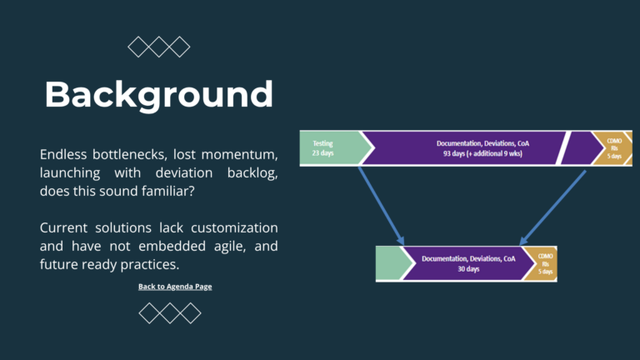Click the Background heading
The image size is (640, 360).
pyautogui.click(x=158, y=94)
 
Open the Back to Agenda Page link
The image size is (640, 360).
pyautogui.click(x=175, y=287)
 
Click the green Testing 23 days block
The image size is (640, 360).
pyautogui.click(x=330, y=148)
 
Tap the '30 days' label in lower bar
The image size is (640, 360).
pyautogui.click(x=467, y=269)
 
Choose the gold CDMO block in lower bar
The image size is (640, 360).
pyautogui.click(x=543, y=263)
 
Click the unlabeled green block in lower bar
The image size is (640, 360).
pyautogui.click(x=390, y=263)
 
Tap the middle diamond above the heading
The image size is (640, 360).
pyautogui.click(x=158, y=47)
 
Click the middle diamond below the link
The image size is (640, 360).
pyautogui.click(x=170, y=313)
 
